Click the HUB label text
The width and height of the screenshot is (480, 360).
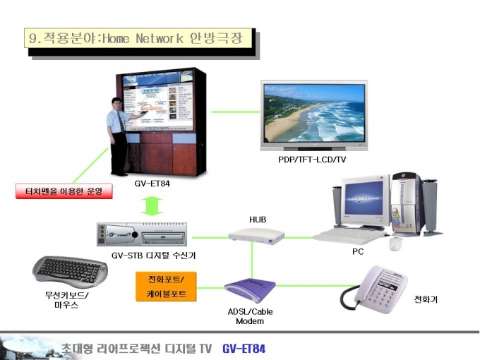click(258, 220)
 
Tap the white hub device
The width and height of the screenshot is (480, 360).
click(256, 236)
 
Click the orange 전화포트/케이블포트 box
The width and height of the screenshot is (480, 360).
click(166, 287)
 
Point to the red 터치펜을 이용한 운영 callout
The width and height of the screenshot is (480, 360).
click(64, 191)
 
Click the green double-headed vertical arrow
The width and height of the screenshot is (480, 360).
click(152, 206)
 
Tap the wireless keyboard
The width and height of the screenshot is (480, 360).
click(70, 272)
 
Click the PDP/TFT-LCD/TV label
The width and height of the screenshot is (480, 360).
click(312, 160)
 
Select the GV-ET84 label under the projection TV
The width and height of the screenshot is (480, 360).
click(152, 184)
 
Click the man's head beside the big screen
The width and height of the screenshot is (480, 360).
click(116, 104)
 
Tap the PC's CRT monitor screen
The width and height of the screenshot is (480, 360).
click(364, 198)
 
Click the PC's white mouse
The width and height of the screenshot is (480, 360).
click(395, 243)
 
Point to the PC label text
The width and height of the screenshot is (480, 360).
click(358, 251)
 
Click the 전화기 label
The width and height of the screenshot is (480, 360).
click(426, 299)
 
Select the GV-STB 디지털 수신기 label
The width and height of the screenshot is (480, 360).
click(153, 255)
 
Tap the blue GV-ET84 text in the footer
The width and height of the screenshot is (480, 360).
click(244, 349)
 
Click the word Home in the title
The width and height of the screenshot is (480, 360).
click(116, 39)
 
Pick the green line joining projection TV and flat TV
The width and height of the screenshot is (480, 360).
click(236, 112)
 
